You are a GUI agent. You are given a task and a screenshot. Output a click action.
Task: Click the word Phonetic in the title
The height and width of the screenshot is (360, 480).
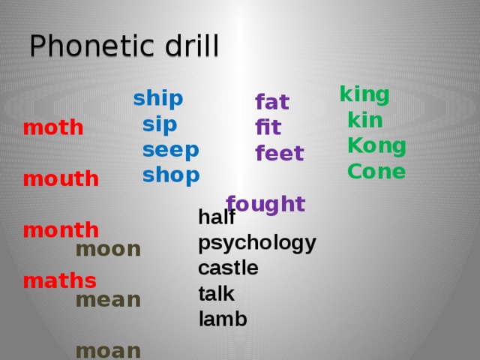pyautogui.click(x=91, y=45)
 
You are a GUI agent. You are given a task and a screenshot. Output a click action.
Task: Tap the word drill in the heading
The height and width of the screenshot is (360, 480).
pyautogui.click(x=192, y=45)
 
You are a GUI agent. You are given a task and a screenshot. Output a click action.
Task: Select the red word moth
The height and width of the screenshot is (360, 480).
pyautogui.click(x=53, y=127)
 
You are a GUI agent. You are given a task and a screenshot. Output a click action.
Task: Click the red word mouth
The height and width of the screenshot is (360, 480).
pyautogui.click(x=61, y=178)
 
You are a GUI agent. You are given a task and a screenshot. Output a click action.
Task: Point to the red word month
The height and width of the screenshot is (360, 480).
pyautogui.click(x=61, y=229)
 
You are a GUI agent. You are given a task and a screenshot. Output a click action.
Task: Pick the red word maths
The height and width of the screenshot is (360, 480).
pyautogui.click(x=60, y=280)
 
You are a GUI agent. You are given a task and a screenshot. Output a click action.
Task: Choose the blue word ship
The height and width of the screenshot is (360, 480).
pyautogui.click(x=158, y=99)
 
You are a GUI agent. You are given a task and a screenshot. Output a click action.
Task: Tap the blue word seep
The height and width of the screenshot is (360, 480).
pyautogui.click(x=171, y=151)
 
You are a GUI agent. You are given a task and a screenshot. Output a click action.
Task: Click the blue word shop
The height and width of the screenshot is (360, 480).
pyautogui.click(x=171, y=175)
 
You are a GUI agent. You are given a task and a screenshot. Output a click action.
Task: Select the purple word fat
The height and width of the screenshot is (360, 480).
pyautogui.click(x=272, y=101)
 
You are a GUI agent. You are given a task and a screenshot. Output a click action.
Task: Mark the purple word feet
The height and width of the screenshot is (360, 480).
pyautogui.click(x=280, y=153)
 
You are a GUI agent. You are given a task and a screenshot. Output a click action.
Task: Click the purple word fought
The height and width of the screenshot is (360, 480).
pyautogui.click(x=265, y=204)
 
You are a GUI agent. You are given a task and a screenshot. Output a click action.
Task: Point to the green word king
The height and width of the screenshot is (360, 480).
pyautogui.click(x=364, y=95)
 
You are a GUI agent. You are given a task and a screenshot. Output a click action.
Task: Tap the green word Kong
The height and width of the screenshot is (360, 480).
pyautogui.click(x=376, y=146)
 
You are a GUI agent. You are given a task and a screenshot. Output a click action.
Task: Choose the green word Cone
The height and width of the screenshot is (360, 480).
pyautogui.click(x=376, y=171)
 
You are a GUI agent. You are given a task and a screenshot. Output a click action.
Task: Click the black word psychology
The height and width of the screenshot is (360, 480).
pyautogui.click(x=257, y=244)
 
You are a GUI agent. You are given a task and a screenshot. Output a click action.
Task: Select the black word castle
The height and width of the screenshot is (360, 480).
pyautogui.click(x=228, y=268)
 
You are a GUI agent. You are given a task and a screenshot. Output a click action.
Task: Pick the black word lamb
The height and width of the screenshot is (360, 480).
pyautogui.click(x=223, y=319)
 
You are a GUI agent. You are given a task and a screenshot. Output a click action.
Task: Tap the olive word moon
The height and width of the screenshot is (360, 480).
pyautogui.click(x=108, y=249)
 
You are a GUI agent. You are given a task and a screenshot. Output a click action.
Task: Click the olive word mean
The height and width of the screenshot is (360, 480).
pyautogui.click(x=108, y=300)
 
